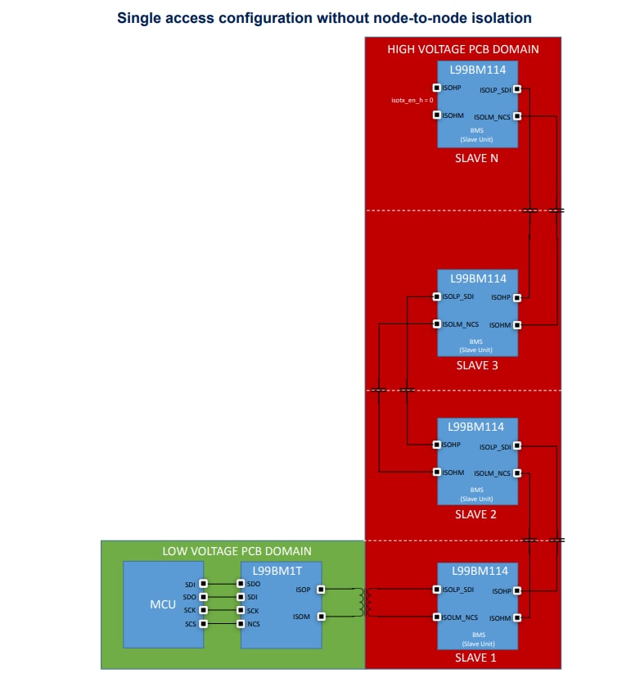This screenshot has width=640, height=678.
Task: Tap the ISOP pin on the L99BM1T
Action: coord(322,589)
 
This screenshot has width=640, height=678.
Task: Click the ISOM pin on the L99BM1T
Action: coord(322,617)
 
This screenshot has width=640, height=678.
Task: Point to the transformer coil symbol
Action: coord(360,603)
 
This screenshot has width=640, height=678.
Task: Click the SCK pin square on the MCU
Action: coord(203,610)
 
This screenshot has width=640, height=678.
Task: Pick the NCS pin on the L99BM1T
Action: coord(241,624)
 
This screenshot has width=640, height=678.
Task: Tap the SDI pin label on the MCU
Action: coord(190,584)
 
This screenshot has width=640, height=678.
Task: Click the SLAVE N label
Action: coord(476,158)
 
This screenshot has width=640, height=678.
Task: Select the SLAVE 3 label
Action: coord(476,365)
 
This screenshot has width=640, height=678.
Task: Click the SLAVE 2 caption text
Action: coord(476,514)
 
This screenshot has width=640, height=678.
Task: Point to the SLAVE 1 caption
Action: coord(476,658)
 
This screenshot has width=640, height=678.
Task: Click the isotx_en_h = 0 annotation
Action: coord(412,101)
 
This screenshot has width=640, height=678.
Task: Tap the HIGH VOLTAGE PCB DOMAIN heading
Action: coord(462,49)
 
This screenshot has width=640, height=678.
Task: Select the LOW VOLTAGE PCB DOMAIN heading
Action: coord(237,551)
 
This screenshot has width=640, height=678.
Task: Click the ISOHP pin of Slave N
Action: coord(436,88)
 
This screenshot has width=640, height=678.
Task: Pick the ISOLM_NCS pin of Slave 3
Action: coord(436,324)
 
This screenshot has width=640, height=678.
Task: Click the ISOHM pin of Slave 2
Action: coord(436,472)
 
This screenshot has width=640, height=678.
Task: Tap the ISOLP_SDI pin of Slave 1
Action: coord(436,589)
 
